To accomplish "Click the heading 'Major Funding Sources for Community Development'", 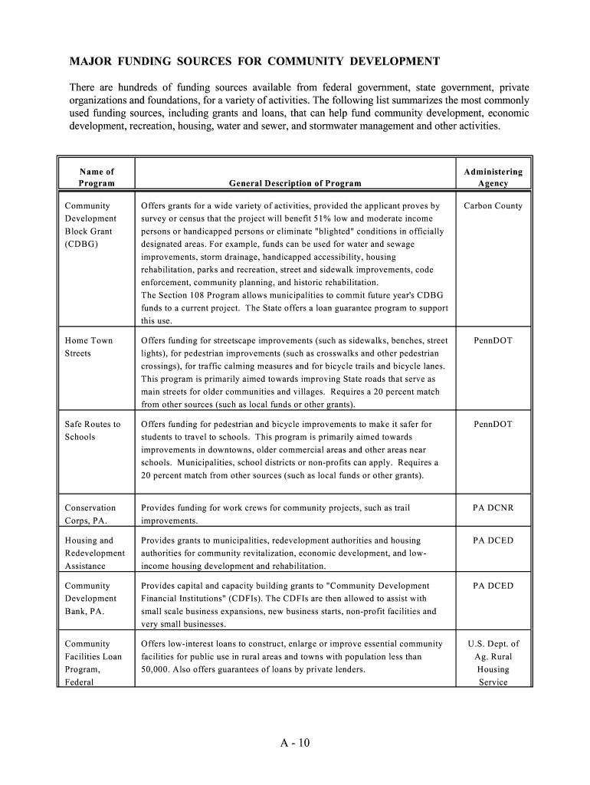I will [x=255, y=61].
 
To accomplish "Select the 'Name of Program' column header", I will [x=97, y=177].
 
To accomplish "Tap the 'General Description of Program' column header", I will [x=295, y=183].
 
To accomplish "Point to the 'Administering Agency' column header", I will [x=493, y=177].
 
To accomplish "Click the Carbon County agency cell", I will [x=493, y=205].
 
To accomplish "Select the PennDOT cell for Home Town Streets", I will [x=493, y=340].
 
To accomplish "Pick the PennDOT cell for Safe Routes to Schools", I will [x=493, y=424].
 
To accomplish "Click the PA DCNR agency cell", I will [x=493, y=507].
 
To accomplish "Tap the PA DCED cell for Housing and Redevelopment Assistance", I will [x=493, y=540].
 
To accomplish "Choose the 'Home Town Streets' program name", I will [x=89, y=347].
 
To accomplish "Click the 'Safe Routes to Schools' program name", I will [x=93, y=430].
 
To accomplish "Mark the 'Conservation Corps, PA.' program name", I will [x=90, y=514].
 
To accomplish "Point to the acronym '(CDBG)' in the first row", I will [x=82, y=244].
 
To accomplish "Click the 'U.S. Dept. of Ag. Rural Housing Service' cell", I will [x=493, y=663].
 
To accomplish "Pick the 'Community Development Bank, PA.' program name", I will [x=90, y=599].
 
